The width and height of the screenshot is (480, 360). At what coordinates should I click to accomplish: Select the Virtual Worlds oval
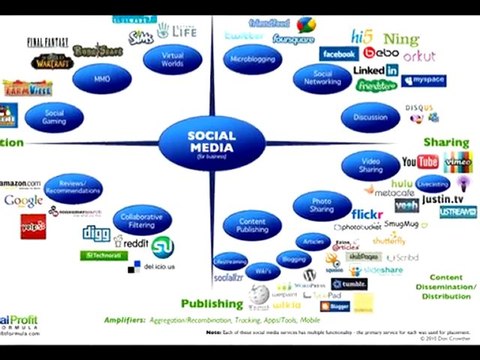pos(173,58)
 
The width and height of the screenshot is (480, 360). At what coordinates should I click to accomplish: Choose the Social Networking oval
pos(322,78)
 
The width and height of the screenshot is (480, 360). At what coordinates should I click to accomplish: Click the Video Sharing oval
pos(371,165)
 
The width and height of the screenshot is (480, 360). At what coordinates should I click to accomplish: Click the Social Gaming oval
pos(55,117)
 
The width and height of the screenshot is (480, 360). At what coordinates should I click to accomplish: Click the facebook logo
pos(338,53)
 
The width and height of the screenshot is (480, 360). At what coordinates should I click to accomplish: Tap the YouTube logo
pos(419,161)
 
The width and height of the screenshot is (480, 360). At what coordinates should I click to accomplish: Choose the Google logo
pos(23,201)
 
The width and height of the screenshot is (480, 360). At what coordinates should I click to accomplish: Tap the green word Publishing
pos(211,303)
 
